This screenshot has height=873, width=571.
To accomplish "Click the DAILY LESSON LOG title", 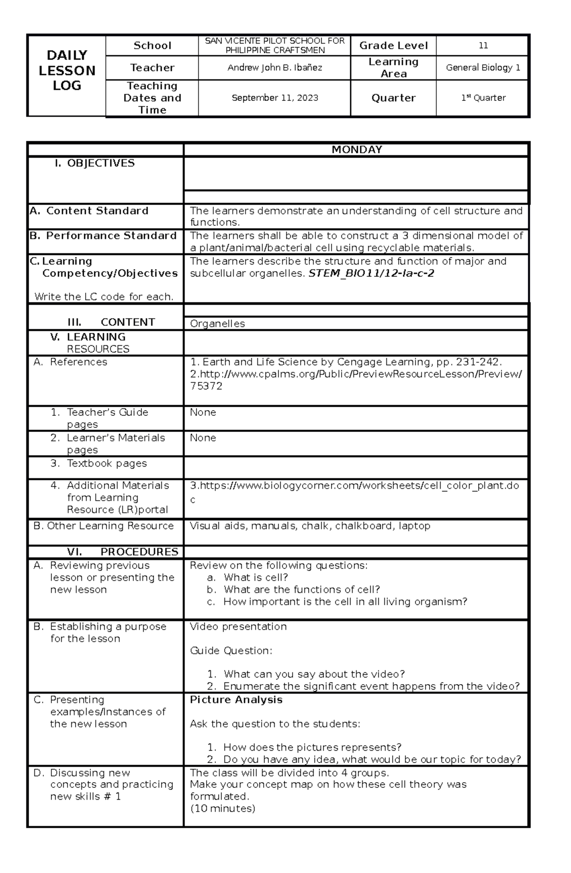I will point(67,70).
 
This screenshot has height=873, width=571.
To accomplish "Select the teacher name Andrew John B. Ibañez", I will point(275,68).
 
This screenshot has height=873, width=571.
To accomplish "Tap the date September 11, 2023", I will point(275,98).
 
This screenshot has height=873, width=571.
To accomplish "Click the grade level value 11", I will point(483,46).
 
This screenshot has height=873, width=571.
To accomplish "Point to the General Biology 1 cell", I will point(482,68).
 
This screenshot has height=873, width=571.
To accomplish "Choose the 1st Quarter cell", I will point(483,98).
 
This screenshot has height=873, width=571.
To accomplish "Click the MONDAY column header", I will point(356,149).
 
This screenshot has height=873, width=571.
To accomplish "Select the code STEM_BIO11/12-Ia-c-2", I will point(371,274).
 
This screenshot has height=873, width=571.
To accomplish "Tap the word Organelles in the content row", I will point(217,324).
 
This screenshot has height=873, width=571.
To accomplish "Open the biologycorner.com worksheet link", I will point(354,486).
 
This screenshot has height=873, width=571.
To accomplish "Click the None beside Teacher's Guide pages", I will point(203,412).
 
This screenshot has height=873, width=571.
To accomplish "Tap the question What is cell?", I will point(256,578).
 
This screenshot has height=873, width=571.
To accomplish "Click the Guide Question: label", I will point(231,650).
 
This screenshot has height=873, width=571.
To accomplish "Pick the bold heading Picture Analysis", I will point(236,700).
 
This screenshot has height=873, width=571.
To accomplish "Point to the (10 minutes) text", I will point(222,808).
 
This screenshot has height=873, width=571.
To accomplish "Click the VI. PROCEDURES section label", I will point(122,552).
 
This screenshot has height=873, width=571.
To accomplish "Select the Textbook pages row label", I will point(107,463).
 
